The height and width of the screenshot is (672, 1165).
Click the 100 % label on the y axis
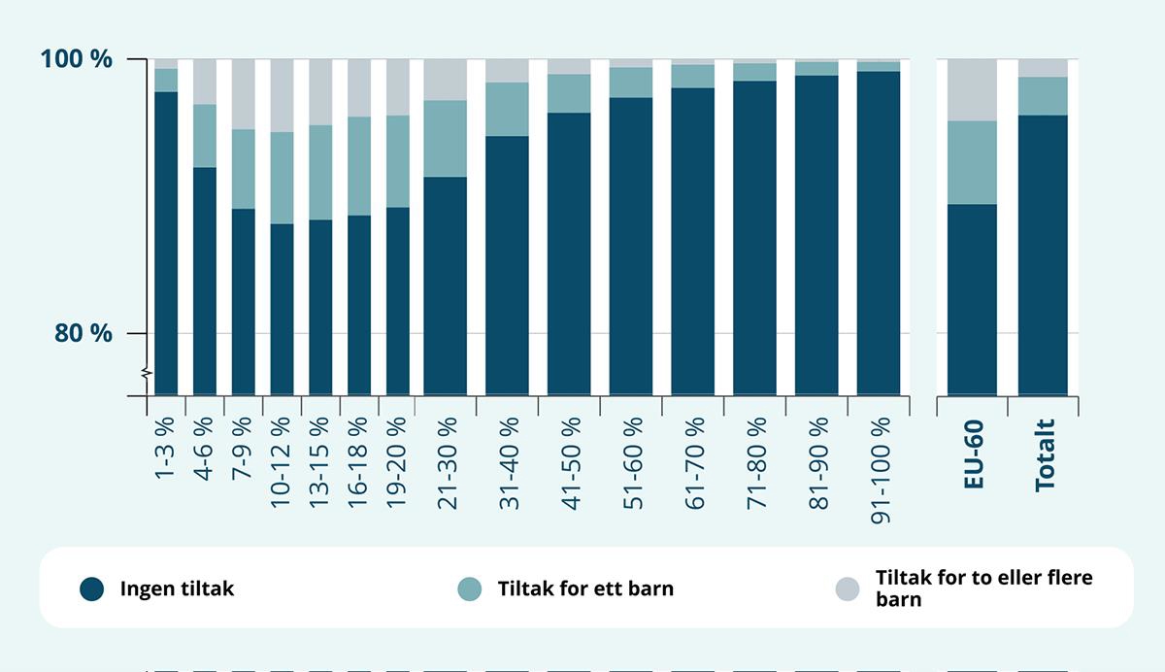(x=77, y=59)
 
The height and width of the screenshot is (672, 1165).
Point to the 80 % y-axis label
(x=83, y=333)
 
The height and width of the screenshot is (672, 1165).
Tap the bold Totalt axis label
(x=1045, y=454)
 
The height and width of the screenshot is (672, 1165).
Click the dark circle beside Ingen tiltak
(x=92, y=588)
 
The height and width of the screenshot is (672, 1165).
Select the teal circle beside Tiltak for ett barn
(x=470, y=588)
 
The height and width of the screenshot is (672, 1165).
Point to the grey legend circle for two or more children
(x=848, y=588)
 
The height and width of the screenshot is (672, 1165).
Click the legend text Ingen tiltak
(x=177, y=588)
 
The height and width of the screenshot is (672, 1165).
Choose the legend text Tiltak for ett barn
(x=585, y=588)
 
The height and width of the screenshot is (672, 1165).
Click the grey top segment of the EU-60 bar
(x=971, y=89)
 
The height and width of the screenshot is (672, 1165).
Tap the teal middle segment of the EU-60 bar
(x=971, y=162)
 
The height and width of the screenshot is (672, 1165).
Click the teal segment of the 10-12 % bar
(x=282, y=178)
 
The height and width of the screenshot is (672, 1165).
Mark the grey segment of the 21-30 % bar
(x=446, y=79)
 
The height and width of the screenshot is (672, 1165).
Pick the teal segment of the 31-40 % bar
(x=507, y=109)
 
